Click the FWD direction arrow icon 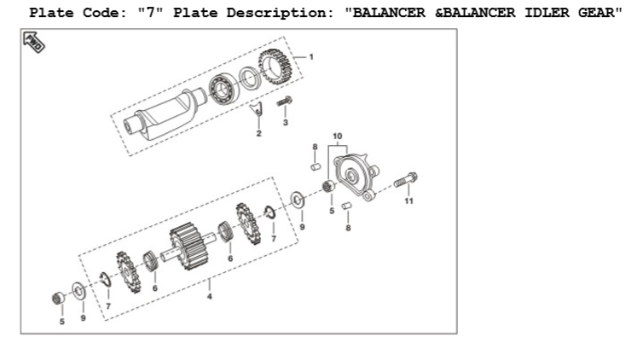click(x=34, y=42)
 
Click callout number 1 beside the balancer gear click(x=311, y=57)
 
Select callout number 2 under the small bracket click(x=258, y=133)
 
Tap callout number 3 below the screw click(x=285, y=122)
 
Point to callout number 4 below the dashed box click(x=209, y=297)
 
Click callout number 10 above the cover click(x=338, y=136)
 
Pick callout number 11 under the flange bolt click(x=408, y=200)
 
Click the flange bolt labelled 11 click(x=405, y=180)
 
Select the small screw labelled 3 click(x=285, y=102)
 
